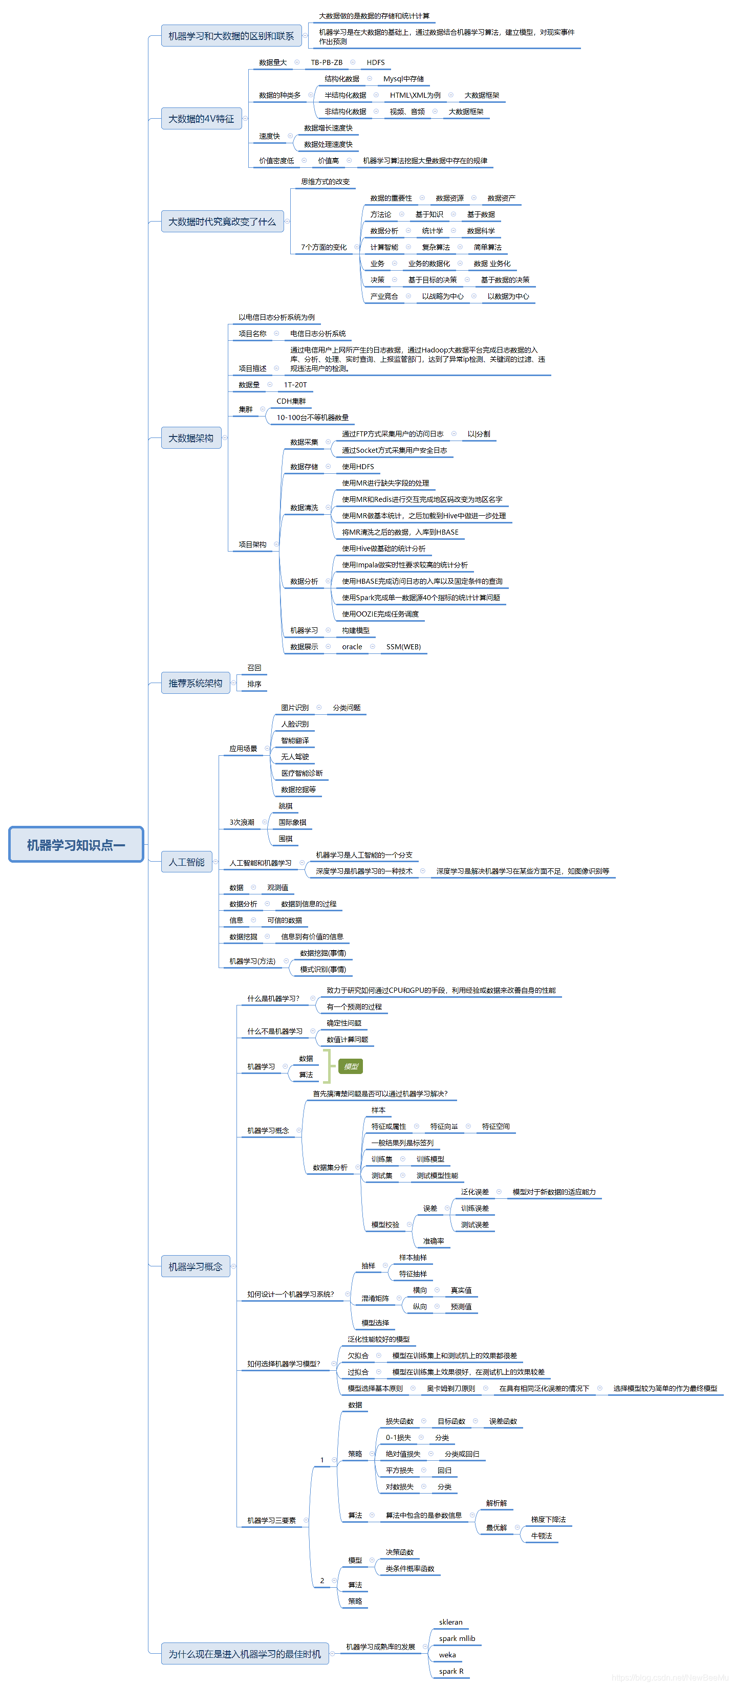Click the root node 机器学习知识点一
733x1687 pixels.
pyautogui.click(x=76, y=845)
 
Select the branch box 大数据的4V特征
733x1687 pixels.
pyautogui.click(x=201, y=119)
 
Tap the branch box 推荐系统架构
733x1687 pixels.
pyautogui.click(x=195, y=683)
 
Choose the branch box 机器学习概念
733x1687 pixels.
pyautogui.click(x=195, y=1266)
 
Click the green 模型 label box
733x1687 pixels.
pyautogui.click(x=351, y=1066)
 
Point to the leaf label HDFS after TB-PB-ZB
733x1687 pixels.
pyautogui.click(x=375, y=62)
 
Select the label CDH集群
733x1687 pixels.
pyautogui.click(x=291, y=401)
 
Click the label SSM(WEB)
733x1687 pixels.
pyautogui.click(x=403, y=646)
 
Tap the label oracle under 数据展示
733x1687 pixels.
pyautogui.click(x=352, y=646)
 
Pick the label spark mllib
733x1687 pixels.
pyautogui.click(x=457, y=1638)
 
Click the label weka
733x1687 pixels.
pyautogui.click(x=447, y=1655)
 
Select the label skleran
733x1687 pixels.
pyautogui.click(x=450, y=1622)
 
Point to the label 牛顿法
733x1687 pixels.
pyautogui.click(x=541, y=1536)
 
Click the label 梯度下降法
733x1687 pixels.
pyautogui.click(x=548, y=1519)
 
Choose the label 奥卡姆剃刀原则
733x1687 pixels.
pyautogui.click(x=450, y=1388)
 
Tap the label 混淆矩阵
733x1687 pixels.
pyautogui.click(x=375, y=1298)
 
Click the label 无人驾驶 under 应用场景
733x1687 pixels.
pyautogui.click(x=295, y=756)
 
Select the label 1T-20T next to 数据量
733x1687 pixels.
pyautogui.click(x=295, y=384)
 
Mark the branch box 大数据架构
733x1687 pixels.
pyautogui.click(x=190, y=438)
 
